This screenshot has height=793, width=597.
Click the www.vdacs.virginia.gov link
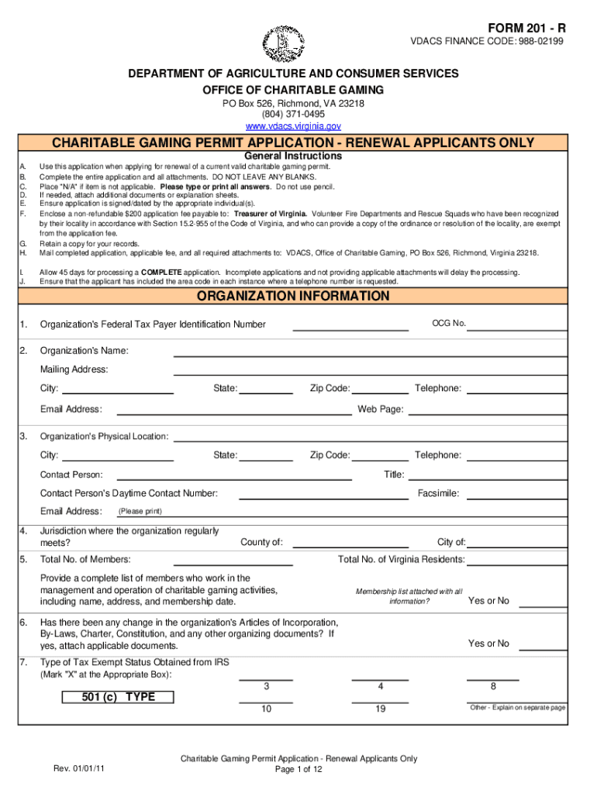[293, 126]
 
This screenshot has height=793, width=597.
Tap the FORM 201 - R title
[526, 29]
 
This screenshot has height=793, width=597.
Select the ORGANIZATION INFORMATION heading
[293, 297]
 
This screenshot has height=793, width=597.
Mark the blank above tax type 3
[266, 678]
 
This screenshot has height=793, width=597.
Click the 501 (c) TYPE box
[118, 697]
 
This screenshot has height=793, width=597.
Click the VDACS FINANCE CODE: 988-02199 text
[487, 43]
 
